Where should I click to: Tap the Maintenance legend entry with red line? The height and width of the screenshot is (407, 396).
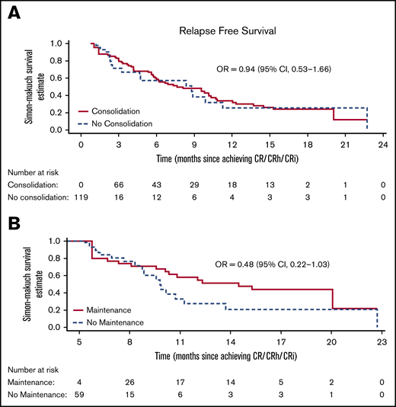point(108,310)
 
